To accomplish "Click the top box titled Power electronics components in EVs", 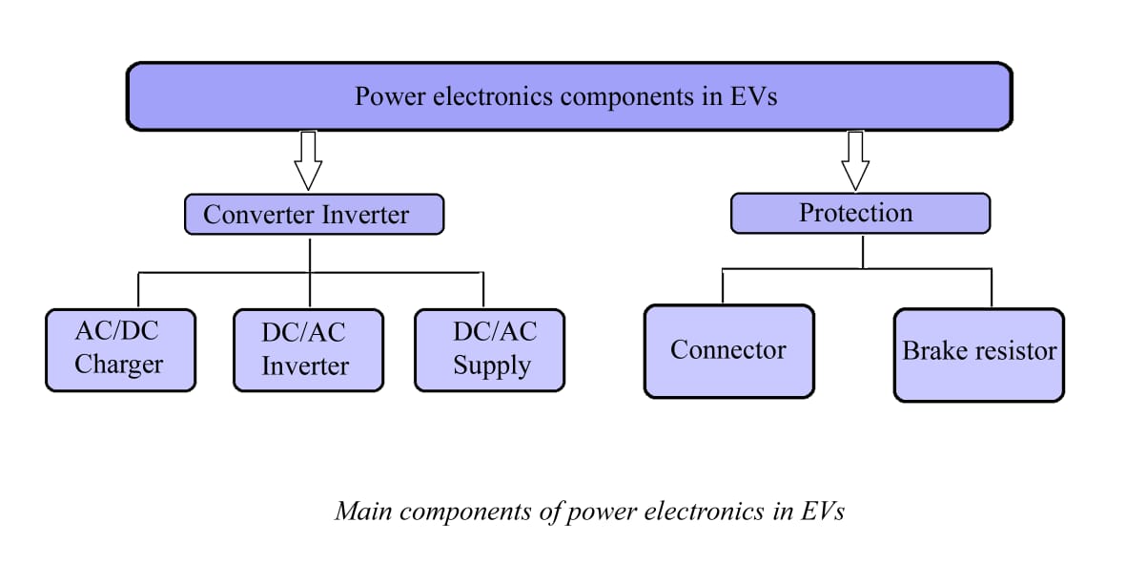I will [x=569, y=96].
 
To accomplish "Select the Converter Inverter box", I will [x=314, y=215].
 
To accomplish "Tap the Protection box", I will [x=860, y=213].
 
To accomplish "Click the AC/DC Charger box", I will [x=120, y=349].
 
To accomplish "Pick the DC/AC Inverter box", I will [x=308, y=350].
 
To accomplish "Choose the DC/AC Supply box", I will [x=489, y=349].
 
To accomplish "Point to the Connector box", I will [x=728, y=351].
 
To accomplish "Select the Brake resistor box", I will [x=978, y=354].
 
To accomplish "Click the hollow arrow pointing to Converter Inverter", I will [x=307, y=160].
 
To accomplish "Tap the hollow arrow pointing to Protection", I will [x=854, y=160].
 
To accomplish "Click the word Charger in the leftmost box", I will [x=119, y=365].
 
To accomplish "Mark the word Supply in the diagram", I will [x=492, y=366].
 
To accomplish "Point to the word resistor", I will [x=1017, y=351].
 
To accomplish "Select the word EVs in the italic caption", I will [x=822, y=512].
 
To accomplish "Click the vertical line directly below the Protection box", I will [x=863, y=251].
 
